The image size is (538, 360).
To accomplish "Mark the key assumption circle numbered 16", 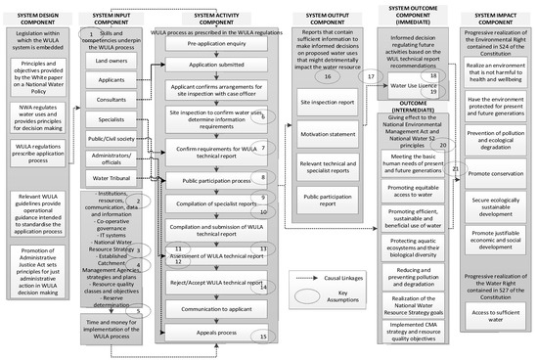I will pos(327,75).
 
